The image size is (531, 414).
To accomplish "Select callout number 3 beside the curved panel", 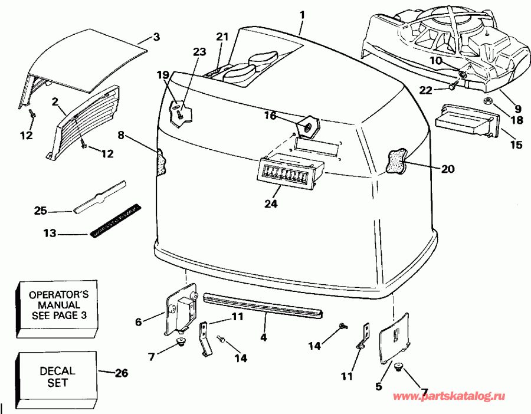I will coord(156,37).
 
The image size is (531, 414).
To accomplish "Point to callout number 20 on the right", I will coord(448,168).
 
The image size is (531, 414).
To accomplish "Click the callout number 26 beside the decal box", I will coord(121,373).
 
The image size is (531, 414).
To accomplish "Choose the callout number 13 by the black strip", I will coord(50,234).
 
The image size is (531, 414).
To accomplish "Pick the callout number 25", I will coord(40,211).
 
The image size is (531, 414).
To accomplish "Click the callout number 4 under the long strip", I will coord(264,337).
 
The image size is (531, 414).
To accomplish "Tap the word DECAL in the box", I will coord(57,371).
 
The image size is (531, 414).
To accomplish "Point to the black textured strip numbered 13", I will coord(115,219).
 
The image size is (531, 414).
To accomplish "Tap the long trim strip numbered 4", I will coord(263,305).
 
